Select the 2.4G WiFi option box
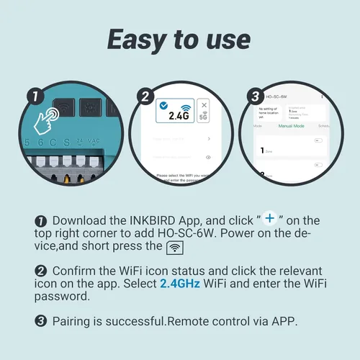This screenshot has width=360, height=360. coord(175,111)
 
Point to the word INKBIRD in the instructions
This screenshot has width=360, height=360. coord(152,220)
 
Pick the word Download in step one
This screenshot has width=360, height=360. coord(79,220)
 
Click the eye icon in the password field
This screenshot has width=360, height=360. coord(208,156)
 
